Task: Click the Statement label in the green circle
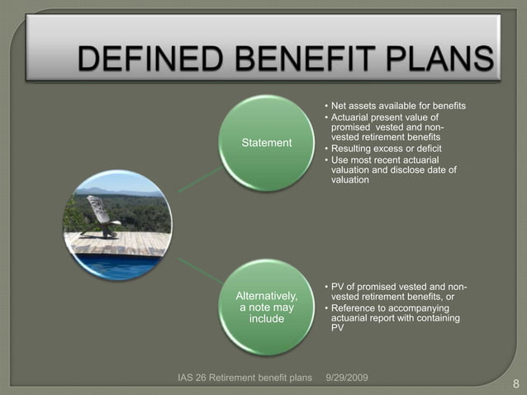point(266,143)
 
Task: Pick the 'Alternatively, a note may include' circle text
point(266,307)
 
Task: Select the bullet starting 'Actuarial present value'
point(388,127)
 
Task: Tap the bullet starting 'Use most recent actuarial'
point(392,169)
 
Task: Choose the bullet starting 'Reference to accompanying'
point(393,317)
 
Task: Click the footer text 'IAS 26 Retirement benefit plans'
point(245,378)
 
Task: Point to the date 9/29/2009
point(348,378)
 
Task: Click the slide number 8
point(515,383)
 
